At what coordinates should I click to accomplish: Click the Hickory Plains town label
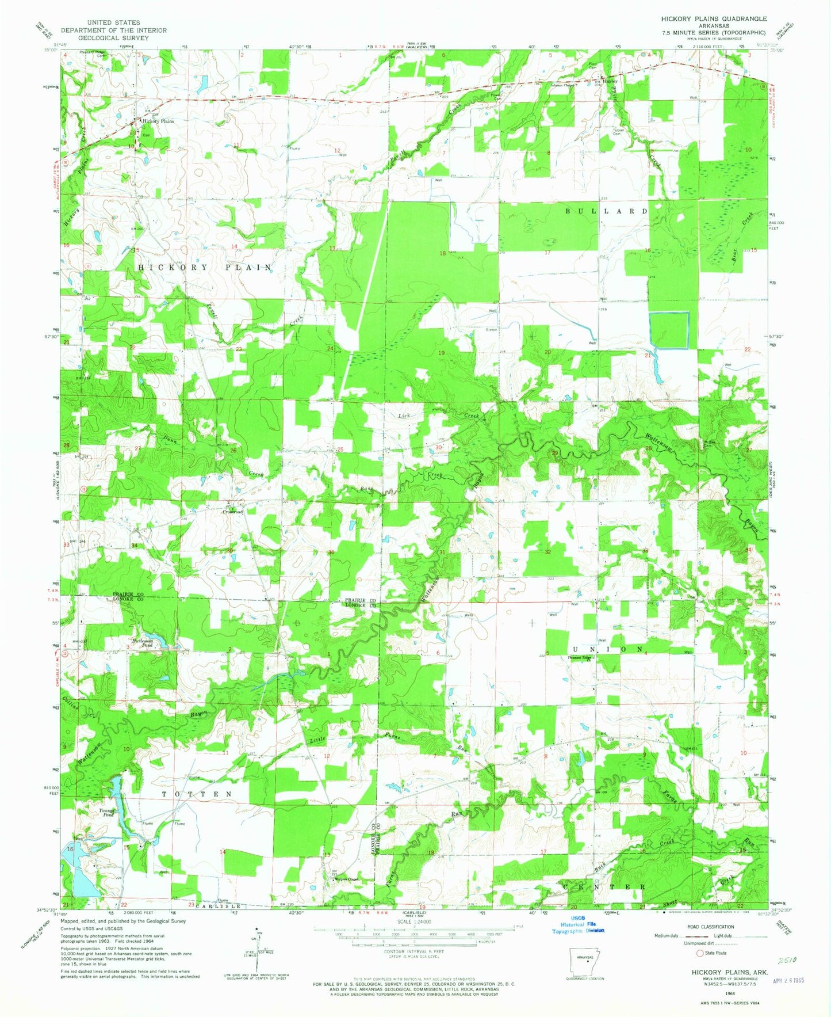click(x=158, y=121)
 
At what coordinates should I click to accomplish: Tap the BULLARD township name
click(x=607, y=211)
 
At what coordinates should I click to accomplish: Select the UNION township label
click(x=608, y=649)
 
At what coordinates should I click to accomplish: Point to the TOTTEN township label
click(x=197, y=794)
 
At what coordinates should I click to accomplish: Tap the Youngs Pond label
click(x=108, y=813)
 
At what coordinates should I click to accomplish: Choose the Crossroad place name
click(x=233, y=512)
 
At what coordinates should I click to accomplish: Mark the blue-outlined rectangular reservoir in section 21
click(x=669, y=330)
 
